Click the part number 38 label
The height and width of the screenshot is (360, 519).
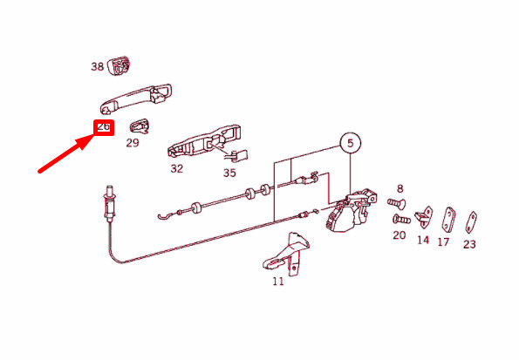pyautogui.click(x=98, y=66)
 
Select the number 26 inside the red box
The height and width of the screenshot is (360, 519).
pyautogui.click(x=104, y=126)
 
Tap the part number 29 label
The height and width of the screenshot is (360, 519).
pyautogui.click(x=133, y=143)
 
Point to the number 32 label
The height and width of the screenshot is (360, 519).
pyautogui.click(x=177, y=169)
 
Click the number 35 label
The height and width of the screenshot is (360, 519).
pyautogui.click(x=229, y=173)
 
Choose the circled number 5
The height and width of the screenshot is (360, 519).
pyautogui.click(x=351, y=143)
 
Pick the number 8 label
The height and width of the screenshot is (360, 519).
pyautogui.click(x=400, y=189)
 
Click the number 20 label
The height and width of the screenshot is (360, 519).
pyautogui.click(x=399, y=235)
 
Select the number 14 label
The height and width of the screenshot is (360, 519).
pyautogui.click(x=423, y=240)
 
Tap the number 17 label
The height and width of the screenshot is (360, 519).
pyautogui.click(x=443, y=242)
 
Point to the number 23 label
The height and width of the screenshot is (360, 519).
pyautogui.click(x=469, y=245)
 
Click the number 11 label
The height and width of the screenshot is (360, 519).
pyautogui.click(x=278, y=282)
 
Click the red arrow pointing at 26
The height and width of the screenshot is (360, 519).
pyautogui.click(x=65, y=153)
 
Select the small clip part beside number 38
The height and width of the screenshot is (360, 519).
pyautogui.click(x=120, y=66)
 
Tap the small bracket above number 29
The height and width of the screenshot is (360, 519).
pyautogui.click(x=140, y=125)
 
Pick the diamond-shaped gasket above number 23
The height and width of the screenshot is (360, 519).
pyautogui.click(x=471, y=222)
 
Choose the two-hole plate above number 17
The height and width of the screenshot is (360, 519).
pyautogui.click(x=448, y=221)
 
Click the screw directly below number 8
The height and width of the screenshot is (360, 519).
pyautogui.click(x=396, y=202)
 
